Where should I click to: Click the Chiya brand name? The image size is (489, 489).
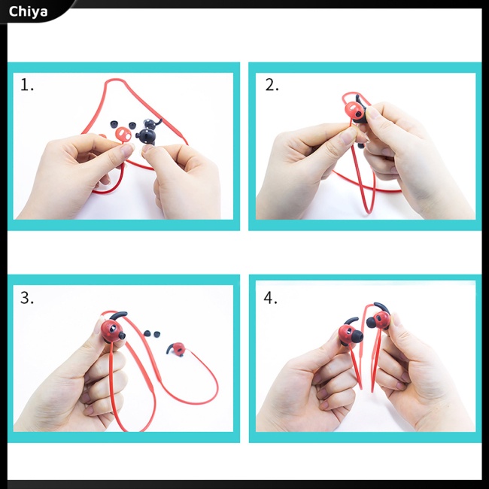point(28,12)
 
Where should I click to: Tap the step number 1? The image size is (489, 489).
point(26,85)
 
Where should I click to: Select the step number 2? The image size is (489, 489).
point(272,85)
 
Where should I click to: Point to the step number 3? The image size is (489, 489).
point(27,298)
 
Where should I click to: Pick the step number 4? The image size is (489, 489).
point(270,298)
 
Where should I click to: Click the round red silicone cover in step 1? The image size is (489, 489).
point(122,134)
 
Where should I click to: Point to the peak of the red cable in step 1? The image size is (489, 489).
point(115,80)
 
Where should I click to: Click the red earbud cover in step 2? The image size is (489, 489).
point(355,111)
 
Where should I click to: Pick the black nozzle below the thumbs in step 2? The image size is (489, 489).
point(361,145)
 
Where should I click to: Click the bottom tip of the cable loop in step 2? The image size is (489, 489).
point(370,212)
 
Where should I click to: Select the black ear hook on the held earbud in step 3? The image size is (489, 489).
point(119,315)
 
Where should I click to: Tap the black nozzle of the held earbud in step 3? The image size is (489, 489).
point(122,336)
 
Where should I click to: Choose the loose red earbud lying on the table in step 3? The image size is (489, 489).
point(177,349)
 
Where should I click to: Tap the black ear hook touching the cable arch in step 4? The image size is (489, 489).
point(382,307)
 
